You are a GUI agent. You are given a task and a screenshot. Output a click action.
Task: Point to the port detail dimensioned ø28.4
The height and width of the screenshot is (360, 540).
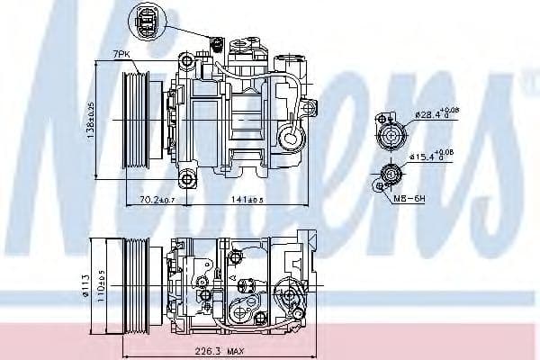click(392, 131)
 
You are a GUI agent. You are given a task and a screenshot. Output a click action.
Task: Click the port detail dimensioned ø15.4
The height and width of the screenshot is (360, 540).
click(391, 174)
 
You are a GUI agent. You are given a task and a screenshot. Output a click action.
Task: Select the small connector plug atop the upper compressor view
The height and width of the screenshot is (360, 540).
click(216, 41)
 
